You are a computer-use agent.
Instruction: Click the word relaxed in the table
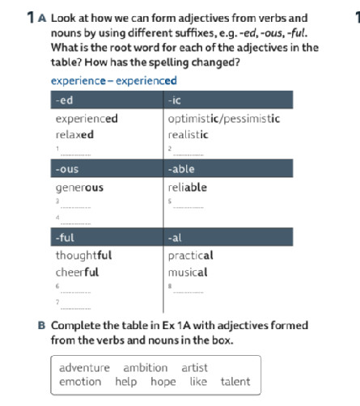(x=74, y=134)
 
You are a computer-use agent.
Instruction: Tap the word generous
(x=79, y=187)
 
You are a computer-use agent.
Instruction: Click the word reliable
(x=187, y=187)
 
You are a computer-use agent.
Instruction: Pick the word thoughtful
(x=83, y=256)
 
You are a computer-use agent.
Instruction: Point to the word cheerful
(x=77, y=272)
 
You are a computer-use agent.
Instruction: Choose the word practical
(x=190, y=256)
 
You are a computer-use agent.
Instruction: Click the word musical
(x=188, y=272)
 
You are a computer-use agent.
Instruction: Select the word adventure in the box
(x=85, y=368)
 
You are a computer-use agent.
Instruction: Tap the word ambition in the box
(x=146, y=368)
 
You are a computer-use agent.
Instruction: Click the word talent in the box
(x=235, y=382)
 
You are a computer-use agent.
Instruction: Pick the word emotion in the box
(x=80, y=382)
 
